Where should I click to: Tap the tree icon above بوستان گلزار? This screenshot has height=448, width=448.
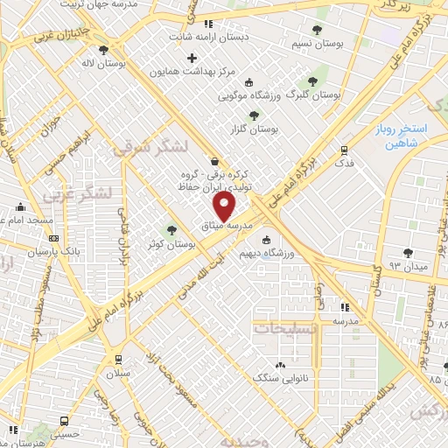[254, 115]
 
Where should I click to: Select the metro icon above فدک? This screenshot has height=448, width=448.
[343, 149]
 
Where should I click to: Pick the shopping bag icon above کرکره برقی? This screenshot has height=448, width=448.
[215, 161]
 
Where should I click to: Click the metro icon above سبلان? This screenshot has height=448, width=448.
[118, 359]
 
